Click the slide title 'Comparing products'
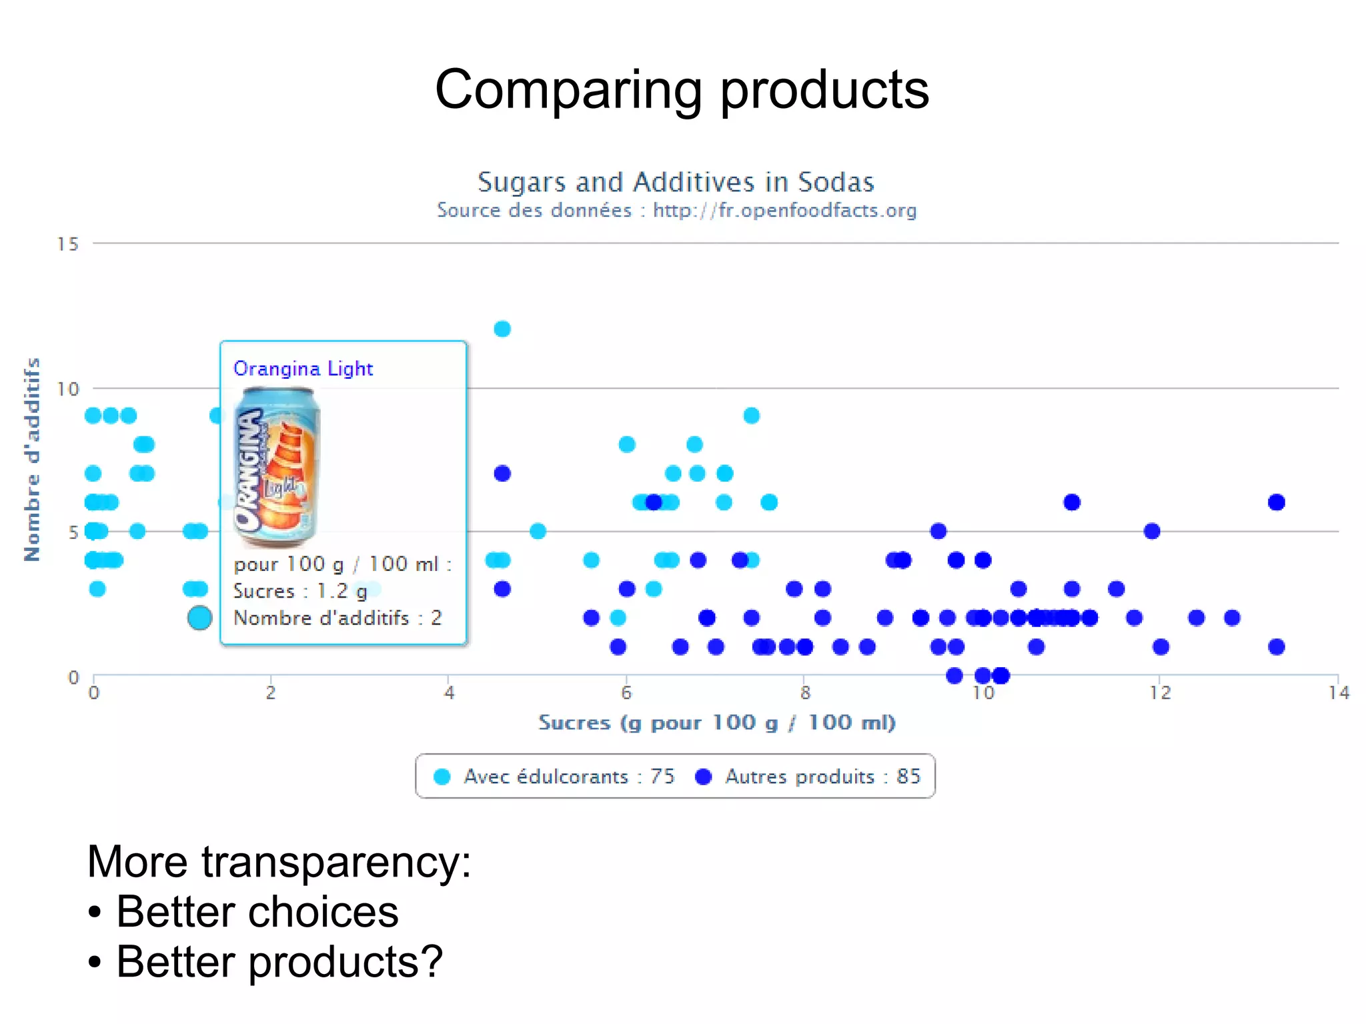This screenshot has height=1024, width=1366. tap(682, 89)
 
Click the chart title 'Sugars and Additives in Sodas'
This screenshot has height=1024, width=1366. tap(675, 182)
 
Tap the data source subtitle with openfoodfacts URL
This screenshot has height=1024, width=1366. tap(676, 211)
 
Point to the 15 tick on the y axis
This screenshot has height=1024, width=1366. tap(67, 244)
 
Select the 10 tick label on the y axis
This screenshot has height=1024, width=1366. tap(67, 389)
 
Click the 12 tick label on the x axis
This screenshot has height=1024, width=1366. tap(1160, 693)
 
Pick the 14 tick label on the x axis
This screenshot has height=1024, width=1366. tap(1338, 693)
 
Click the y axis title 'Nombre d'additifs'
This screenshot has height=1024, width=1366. tap(32, 460)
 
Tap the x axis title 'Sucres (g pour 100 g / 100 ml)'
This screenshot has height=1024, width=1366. tap(717, 722)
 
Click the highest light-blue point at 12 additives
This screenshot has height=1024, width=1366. tap(502, 329)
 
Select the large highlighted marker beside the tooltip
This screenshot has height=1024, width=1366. tap(199, 618)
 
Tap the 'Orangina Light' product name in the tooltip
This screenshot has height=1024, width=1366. tap(303, 369)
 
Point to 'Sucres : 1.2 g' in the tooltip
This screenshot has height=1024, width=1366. tap(300, 591)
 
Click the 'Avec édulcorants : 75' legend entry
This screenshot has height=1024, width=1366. tap(554, 777)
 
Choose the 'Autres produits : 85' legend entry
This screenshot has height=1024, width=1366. tap(808, 777)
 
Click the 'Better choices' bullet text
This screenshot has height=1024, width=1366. tap(257, 912)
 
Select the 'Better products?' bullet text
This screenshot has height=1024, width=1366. tap(279, 962)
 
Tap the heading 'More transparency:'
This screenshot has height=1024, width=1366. tap(279, 861)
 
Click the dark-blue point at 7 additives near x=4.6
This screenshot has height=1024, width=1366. tap(502, 474)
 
